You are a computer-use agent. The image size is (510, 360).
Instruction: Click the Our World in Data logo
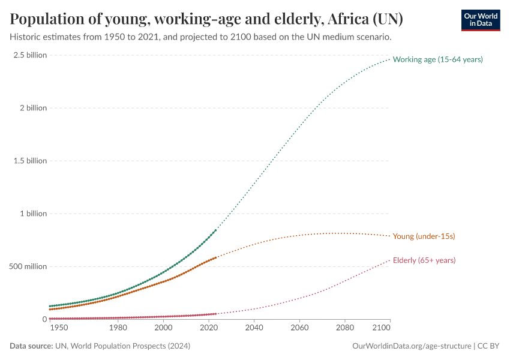click(480, 20)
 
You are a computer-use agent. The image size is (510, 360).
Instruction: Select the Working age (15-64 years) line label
click(437, 59)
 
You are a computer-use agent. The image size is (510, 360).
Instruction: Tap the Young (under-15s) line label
click(424, 236)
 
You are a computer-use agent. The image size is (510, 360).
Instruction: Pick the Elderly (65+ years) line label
click(424, 260)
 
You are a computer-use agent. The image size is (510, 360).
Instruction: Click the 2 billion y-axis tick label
click(32, 108)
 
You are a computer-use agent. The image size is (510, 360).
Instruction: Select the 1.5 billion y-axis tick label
click(29, 161)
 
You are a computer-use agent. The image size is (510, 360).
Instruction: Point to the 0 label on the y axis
click(44, 319)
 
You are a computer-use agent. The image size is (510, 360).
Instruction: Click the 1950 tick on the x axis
click(59, 329)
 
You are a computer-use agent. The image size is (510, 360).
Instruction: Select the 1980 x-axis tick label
click(118, 329)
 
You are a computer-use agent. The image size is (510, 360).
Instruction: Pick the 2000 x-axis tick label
click(163, 329)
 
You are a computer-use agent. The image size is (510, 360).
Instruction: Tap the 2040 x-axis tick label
click(254, 329)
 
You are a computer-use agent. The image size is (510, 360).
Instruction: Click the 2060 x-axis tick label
click(299, 329)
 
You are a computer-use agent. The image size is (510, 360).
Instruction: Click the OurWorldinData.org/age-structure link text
click(412, 346)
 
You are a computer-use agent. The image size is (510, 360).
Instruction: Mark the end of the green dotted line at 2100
click(390, 59)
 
